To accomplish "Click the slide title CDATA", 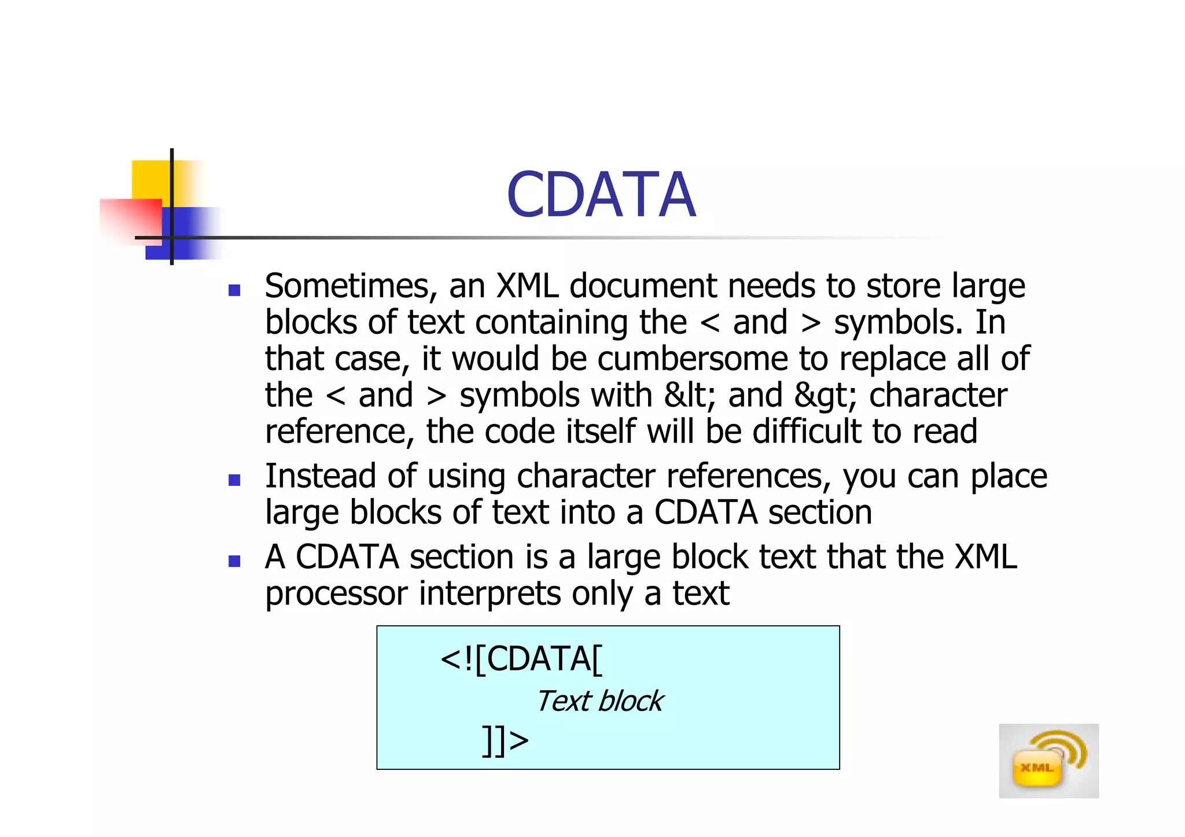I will pos(601,196).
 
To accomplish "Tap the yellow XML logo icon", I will pos(1048,761).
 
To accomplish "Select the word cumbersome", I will pos(692,359).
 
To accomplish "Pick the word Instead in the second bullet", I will pos(320,476).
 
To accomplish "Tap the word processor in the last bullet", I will pos(336,594).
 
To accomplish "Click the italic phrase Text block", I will pos(599,702).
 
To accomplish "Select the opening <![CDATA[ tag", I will pos(521,659).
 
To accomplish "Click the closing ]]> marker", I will pos(505,740).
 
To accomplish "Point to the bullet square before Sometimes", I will pos(234,290).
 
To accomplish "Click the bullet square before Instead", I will pos(234,480).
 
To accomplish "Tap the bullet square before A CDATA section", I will pos(234,561).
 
